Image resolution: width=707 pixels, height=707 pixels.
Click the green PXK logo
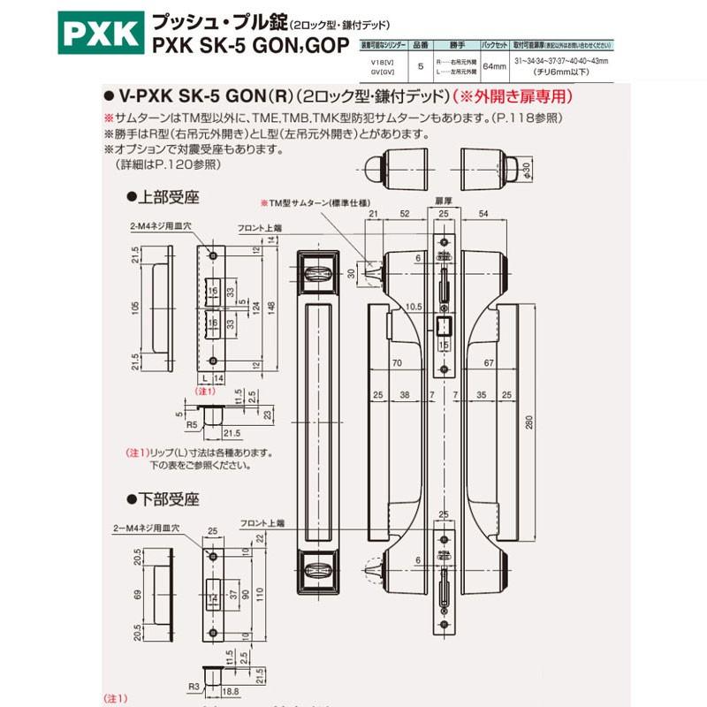click(99, 34)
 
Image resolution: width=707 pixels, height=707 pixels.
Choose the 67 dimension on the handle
click(487, 362)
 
